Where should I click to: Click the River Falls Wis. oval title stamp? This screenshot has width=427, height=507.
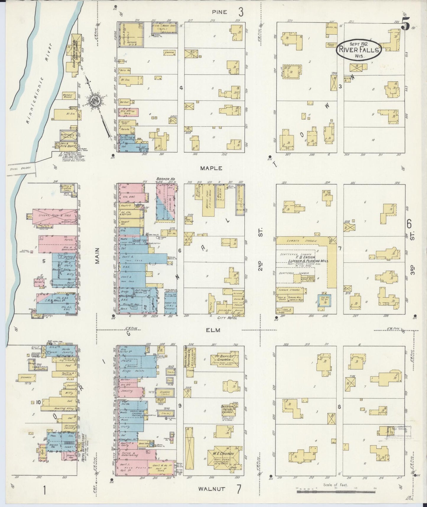pyautogui.click(x=358, y=50)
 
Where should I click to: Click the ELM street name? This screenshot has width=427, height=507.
pyautogui.click(x=213, y=330)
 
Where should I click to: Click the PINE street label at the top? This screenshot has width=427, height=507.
pyautogui.click(x=220, y=12)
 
